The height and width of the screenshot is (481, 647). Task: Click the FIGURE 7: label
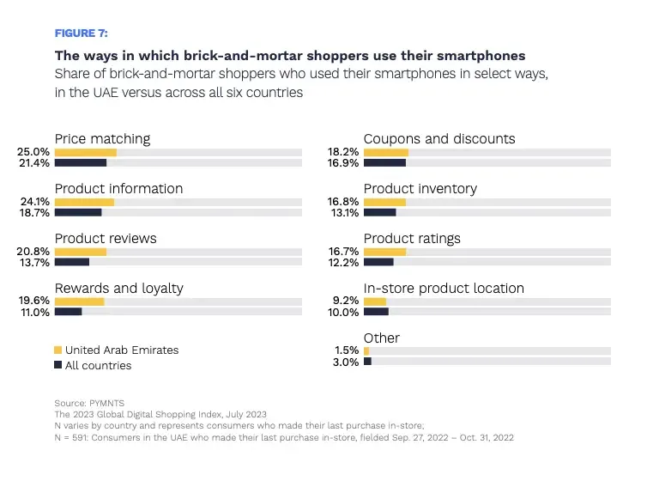[82, 33]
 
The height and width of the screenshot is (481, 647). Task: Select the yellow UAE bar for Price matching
[86, 152]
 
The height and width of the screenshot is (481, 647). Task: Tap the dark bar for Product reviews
[72, 262]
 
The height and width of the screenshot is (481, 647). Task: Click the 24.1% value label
[35, 202]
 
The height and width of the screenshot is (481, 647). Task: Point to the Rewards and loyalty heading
[118, 289]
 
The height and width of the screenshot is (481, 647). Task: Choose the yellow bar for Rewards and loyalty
[79, 301]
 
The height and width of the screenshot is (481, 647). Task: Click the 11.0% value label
[35, 312]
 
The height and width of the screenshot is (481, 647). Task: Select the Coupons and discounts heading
[439, 139]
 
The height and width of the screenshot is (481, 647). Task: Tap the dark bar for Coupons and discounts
[384, 162]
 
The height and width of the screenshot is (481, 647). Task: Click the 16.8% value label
[343, 202]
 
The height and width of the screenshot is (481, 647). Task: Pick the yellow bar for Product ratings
[384, 252]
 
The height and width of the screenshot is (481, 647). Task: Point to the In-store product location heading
[444, 289]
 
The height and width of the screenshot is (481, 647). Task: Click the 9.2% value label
[346, 300]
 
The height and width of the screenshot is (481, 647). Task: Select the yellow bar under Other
[366, 351]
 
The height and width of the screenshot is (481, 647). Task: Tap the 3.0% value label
[346, 362]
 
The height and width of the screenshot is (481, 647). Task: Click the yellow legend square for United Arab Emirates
[57, 350]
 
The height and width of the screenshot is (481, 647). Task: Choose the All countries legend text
[98, 365]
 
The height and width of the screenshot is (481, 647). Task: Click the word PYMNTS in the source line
[106, 403]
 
